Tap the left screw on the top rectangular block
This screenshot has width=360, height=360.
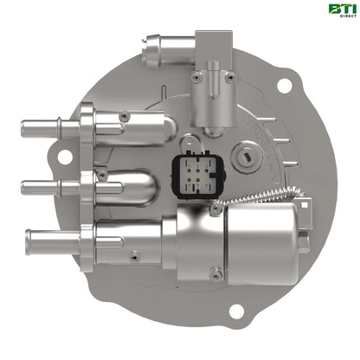(198, 77)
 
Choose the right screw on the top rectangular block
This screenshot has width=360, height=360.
(229, 77)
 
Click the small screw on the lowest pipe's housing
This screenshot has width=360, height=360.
(133, 256)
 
